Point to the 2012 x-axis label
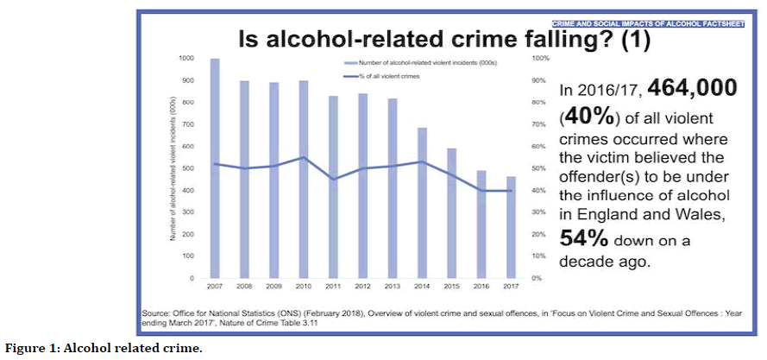[x=363, y=287]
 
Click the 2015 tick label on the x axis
[x=452, y=287]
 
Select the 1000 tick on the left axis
[x=187, y=58]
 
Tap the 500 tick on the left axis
[x=189, y=168]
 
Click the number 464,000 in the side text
[x=692, y=87]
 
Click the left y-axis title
[x=173, y=168]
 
